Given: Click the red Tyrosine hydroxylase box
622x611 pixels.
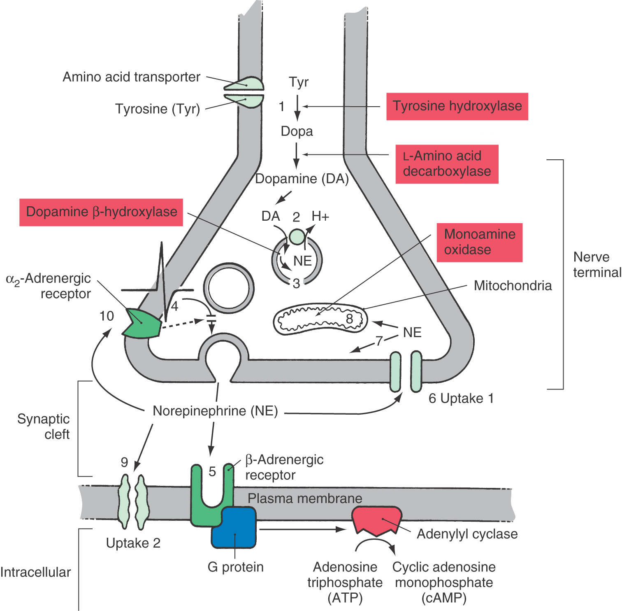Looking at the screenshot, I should pyautogui.click(x=457, y=106).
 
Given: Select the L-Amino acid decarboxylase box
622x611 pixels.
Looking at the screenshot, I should pyautogui.click(x=447, y=164).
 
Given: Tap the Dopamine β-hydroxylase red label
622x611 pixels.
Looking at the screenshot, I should pyautogui.click(x=101, y=212).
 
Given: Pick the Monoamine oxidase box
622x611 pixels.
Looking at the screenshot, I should pyautogui.click(x=479, y=243).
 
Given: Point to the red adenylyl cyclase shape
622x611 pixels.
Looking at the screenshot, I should pyautogui.click(x=376, y=520).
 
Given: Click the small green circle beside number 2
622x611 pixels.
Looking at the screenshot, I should pyautogui.click(x=297, y=237).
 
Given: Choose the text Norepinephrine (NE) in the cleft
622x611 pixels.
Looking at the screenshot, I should pyautogui.click(x=215, y=411).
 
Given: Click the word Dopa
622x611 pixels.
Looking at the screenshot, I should pyautogui.click(x=297, y=131).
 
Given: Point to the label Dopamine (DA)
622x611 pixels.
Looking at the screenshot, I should pyautogui.click(x=302, y=179).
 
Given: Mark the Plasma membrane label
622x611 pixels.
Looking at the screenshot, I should pyautogui.click(x=305, y=499).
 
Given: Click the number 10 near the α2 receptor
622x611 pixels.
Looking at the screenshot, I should pyautogui.click(x=107, y=316).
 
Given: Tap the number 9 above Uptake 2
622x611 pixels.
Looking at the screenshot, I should pyautogui.click(x=124, y=462).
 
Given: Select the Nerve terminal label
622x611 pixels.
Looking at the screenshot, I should pyautogui.click(x=597, y=265).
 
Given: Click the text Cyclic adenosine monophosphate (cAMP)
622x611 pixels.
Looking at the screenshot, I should pyautogui.click(x=444, y=582).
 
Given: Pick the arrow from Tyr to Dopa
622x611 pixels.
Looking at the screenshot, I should pyautogui.click(x=297, y=108).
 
